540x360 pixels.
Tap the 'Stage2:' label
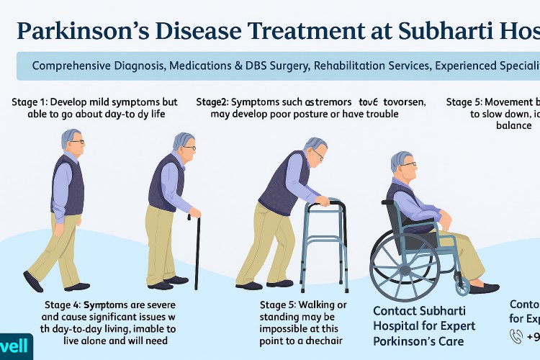pos(215,102)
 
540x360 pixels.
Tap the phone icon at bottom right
pos(516,335)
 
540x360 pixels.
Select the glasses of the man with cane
pos(189,148)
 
